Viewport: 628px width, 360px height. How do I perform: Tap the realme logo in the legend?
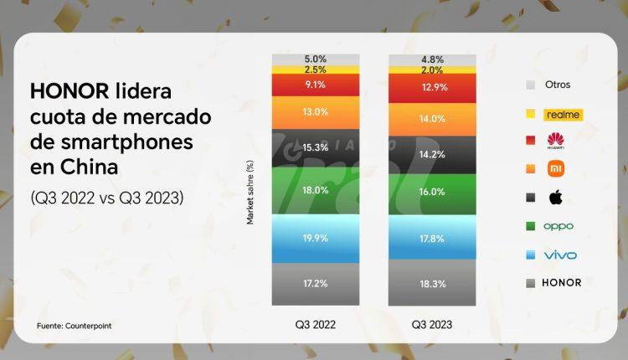tap(563, 114)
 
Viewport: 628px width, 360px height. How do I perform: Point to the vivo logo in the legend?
tap(560, 255)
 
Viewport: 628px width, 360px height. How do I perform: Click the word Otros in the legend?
tap(559, 85)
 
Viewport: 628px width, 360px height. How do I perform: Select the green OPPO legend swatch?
tap(529, 226)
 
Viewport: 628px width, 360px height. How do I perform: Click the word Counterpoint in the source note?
tap(88, 325)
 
